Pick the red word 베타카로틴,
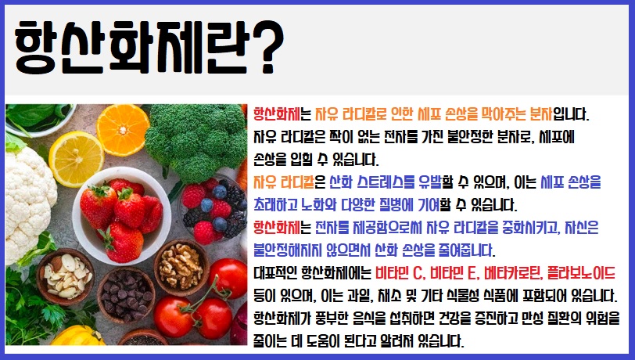(500, 274)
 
